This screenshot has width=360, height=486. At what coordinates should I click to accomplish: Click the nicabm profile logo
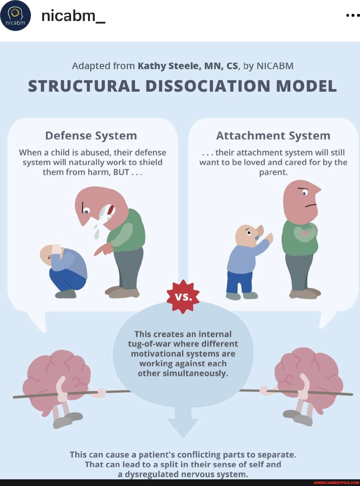[15, 16]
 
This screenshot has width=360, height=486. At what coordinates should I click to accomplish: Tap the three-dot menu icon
[352, 15]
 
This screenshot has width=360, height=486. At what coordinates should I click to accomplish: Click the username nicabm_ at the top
[73, 16]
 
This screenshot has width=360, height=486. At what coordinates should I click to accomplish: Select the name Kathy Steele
[168, 66]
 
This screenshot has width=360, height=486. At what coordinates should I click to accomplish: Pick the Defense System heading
[91, 136]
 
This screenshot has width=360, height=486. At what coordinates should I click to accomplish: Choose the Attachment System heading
[273, 136]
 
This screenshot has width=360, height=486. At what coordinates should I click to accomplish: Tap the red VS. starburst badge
[183, 297]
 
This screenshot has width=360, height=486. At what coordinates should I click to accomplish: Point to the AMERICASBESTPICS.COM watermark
[336, 483]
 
